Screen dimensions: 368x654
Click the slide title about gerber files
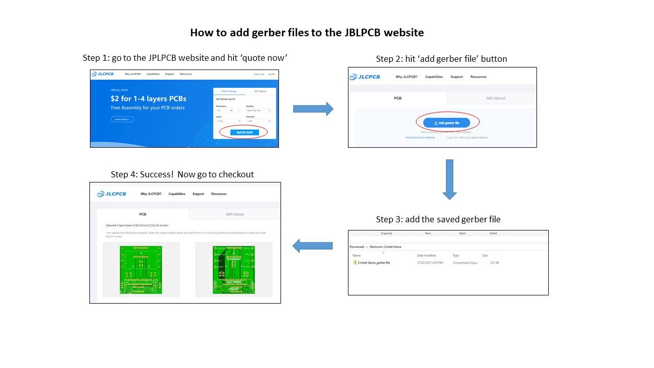307,33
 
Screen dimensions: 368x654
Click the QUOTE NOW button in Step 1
244,132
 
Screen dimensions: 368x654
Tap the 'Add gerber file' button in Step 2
446,123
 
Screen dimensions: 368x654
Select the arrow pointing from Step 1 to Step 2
313,108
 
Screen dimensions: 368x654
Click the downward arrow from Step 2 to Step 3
449,179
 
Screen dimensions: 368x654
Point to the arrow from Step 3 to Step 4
312,246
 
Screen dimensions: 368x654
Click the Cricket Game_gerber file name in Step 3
373,263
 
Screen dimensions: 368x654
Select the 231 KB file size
494,263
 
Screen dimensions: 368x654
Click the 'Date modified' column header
427,255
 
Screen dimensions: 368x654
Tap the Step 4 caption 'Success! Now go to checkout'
182,174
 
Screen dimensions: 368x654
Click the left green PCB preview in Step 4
141,270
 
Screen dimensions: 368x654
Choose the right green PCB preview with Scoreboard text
233,270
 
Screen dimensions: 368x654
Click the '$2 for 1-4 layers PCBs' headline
148,99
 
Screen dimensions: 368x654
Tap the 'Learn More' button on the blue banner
122,119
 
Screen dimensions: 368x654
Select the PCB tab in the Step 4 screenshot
143,214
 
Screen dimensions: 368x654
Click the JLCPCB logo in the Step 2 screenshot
364,77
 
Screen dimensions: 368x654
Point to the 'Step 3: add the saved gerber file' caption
438,219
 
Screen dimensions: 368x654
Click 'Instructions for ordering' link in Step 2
420,137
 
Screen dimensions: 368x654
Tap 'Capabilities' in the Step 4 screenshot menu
177,194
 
